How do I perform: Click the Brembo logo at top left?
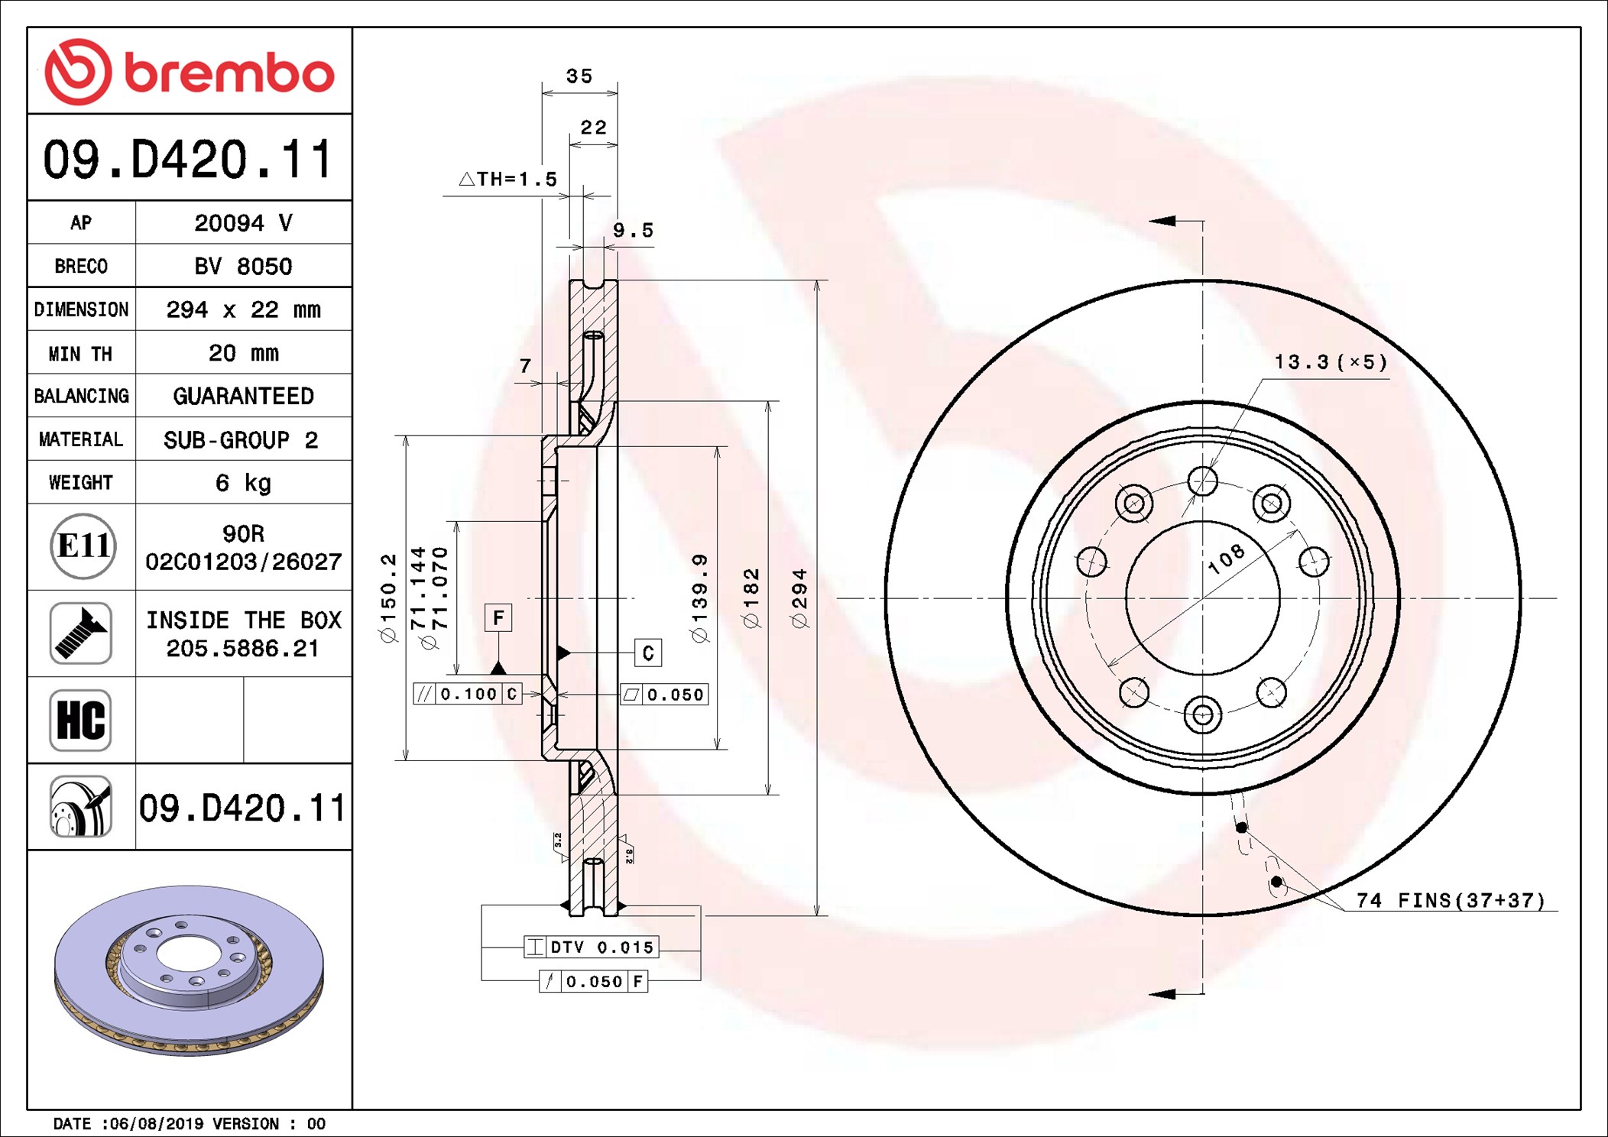(189, 72)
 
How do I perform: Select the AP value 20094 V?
(243, 223)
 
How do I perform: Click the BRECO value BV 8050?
(243, 267)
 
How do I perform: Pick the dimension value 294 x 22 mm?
(243, 309)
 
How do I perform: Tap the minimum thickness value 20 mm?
(243, 353)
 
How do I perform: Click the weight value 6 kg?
(243, 483)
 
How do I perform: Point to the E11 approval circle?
(83, 546)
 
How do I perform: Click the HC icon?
(81, 720)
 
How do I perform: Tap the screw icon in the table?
(81, 633)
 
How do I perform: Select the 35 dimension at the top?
(579, 76)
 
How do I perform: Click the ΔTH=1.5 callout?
(508, 180)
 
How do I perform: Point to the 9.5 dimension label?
(633, 231)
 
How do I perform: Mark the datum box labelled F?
(498, 617)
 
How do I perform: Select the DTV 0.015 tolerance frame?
(591, 947)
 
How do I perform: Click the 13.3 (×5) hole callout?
(1330, 362)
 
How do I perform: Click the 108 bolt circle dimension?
(1226, 560)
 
